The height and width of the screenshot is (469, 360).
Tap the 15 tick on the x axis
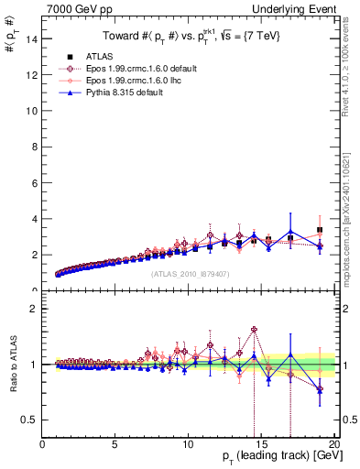(x=261, y=444)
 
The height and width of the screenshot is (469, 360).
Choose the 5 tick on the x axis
(x=115, y=444)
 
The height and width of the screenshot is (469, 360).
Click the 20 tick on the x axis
(x=333, y=444)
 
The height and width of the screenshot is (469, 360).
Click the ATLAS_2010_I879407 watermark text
(x=190, y=274)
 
